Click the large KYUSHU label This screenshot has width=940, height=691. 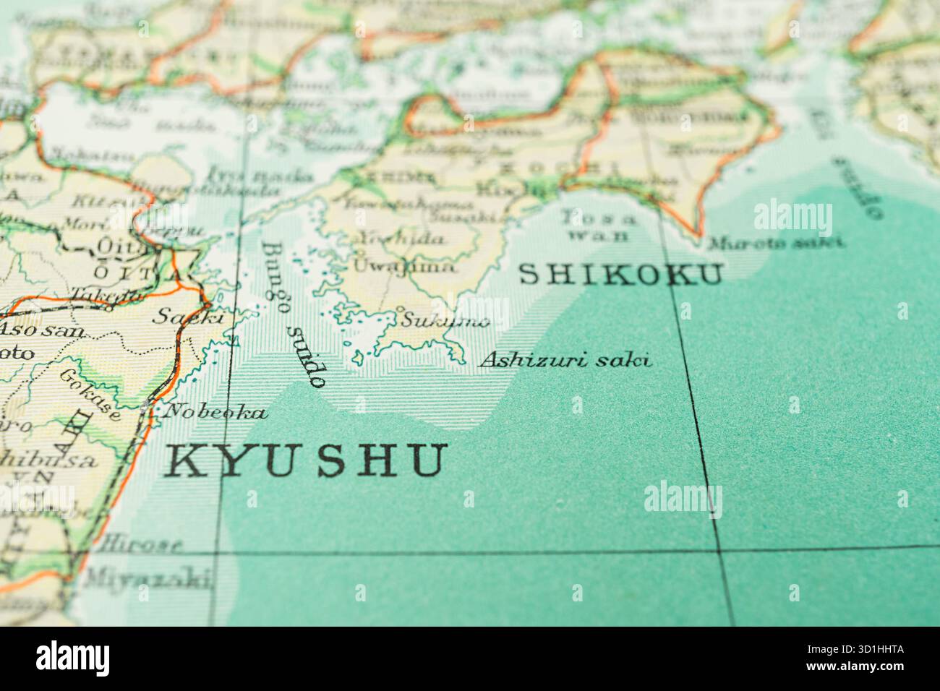tap(306, 460)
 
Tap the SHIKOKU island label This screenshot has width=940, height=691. tap(621, 275)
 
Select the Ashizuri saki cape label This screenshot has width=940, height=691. tap(565, 359)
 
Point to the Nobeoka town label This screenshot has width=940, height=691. tap(215, 413)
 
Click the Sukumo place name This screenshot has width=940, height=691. tap(445, 320)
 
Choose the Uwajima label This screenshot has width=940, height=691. tap(404, 266)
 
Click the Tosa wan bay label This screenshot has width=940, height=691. tap(599, 225)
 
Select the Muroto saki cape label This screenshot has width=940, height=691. tap(775, 242)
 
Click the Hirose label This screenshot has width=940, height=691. tap(142, 544)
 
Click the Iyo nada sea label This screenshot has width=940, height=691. tap(260, 176)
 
